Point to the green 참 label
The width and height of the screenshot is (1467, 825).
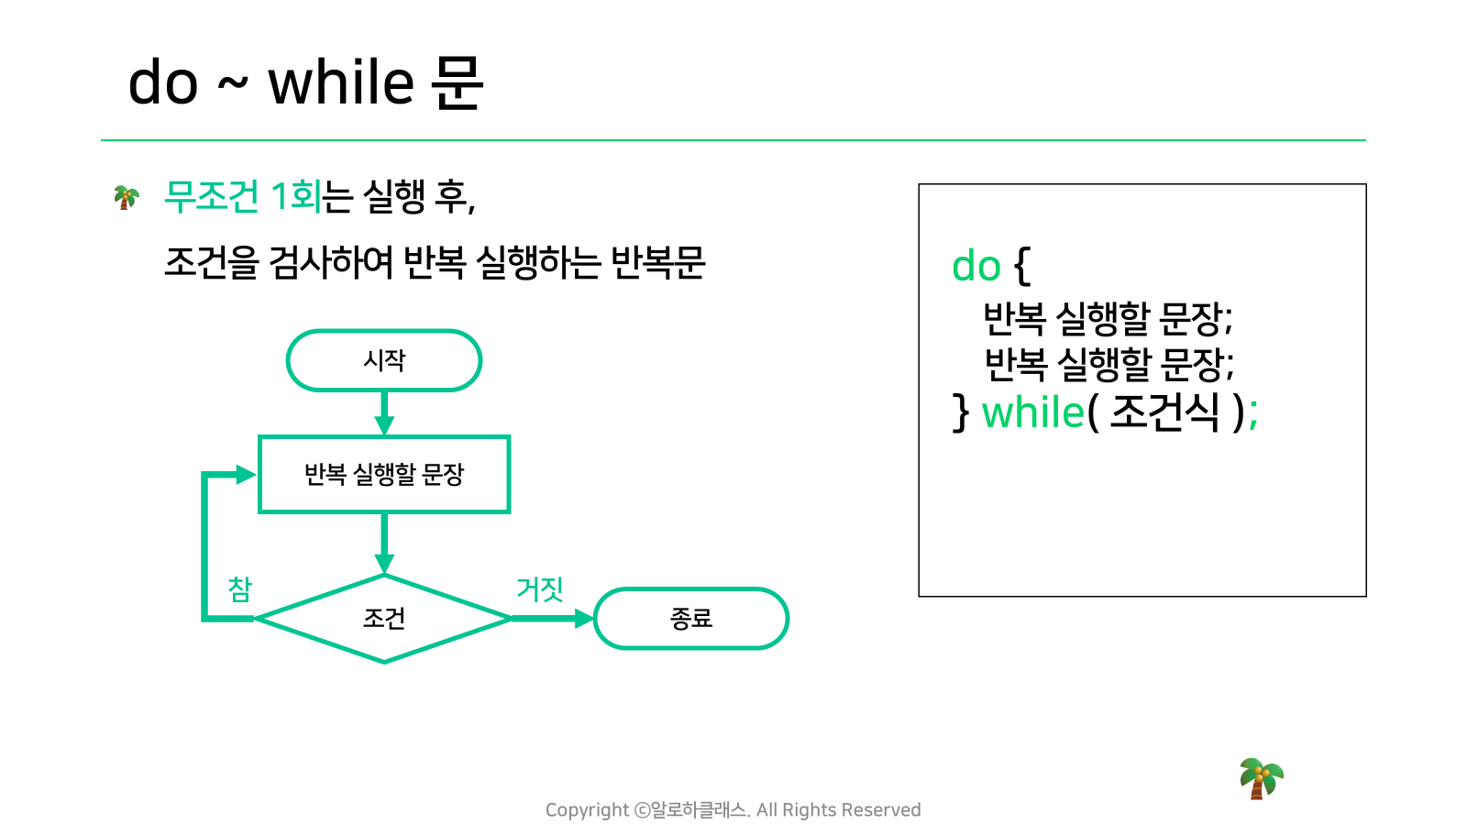pyautogui.click(x=239, y=589)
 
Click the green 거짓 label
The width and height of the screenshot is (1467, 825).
pyautogui.click(x=540, y=588)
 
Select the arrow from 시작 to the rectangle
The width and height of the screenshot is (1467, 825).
pyautogui.click(x=384, y=413)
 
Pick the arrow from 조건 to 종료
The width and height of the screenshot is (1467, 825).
pyautogui.click(x=553, y=618)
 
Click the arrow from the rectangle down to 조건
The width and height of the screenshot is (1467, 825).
pyautogui.click(x=384, y=544)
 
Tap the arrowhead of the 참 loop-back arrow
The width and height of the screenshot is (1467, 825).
pyautogui.click(x=247, y=474)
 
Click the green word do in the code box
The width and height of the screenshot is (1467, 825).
pyautogui.click(x=976, y=266)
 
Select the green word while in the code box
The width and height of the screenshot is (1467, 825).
pyautogui.click(x=1032, y=413)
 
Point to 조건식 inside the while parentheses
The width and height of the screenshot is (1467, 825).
pyautogui.click(x=1165, y=413)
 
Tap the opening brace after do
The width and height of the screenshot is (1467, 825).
pyautogui.click(x=1022, y=266)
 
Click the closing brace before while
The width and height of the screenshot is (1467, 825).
pyautogui.click(x=961, y=413)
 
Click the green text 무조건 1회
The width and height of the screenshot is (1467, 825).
pyautogui.click(x=242, y=196)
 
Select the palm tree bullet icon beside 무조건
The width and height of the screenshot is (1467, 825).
pyautogui.click(x=127, y=197)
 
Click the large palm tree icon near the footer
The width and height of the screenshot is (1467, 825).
pyautogui.click(x=1262, y=778)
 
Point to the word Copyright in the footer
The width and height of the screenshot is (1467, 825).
pyautogui.click(x=587, y=810)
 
